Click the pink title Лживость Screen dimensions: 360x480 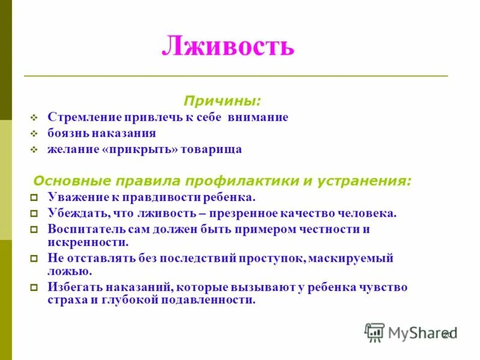[x=228, y=46]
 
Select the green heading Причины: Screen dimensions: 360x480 [x=222, y=99]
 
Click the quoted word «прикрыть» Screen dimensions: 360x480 [x=141, y=149]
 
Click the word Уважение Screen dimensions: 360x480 [x=76, y=197]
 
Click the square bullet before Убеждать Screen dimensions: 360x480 [x=34, y=214]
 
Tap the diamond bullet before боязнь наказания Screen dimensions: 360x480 [x=34, y=134]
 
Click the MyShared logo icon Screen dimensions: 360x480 [x=374, y=332]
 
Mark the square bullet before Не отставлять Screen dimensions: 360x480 [x=34, y=259]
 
